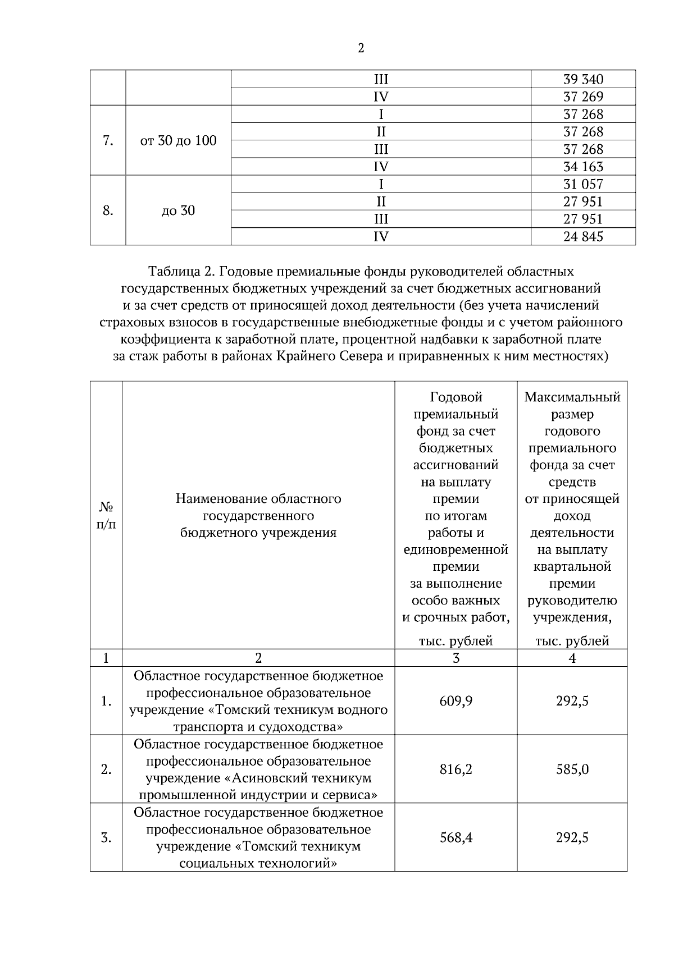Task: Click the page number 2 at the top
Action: click(x=361, y=48)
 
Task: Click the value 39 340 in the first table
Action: click(x=583, y=79)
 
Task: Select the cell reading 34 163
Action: click(x=583, y=167)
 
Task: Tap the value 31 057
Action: click(x=583, y=184)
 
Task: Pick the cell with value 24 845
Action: click(x=583, y=236)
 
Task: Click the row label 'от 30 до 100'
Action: click(x=178, y=140)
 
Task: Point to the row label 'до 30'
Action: click(x=178, y=210)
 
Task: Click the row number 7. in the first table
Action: click(x=108, y=140)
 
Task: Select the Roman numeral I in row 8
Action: click(x=381, y=184)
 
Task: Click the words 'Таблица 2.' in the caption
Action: click(x=181, y=272)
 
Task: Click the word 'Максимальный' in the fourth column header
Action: click(x=572, y=397)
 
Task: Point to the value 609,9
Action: click(x=456, y=701)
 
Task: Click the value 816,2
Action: click(x=456, y=769)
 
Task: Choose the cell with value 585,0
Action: click(x=572, y=769)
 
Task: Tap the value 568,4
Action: click(x=456, y=837)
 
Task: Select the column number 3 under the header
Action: click(x=456, y=658)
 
